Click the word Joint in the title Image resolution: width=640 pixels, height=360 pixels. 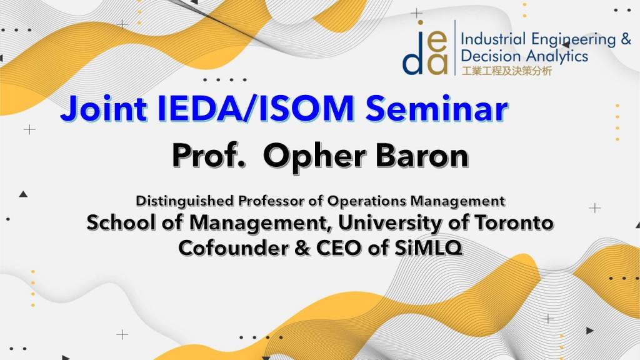pos(104,109)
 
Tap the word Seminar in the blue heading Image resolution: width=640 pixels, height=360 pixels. pos(436,108)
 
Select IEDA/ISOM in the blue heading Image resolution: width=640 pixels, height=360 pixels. pos(256,108)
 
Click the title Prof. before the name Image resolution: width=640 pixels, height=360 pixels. pos(209,156)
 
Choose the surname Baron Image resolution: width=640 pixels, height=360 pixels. pos(422,156)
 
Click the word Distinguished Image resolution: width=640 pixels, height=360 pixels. pos(185,201)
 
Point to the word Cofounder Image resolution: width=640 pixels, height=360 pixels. pos(233,247)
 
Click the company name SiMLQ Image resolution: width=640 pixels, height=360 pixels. pos(428,248)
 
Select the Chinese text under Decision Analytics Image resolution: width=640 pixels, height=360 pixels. pos(506,71)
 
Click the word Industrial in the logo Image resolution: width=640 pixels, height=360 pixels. pos(492,39)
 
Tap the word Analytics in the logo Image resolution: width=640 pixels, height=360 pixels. pos(556,56)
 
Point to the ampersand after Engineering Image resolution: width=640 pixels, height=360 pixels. pos(625,39)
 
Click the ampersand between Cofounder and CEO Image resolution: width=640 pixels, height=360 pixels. pos(302,248)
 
